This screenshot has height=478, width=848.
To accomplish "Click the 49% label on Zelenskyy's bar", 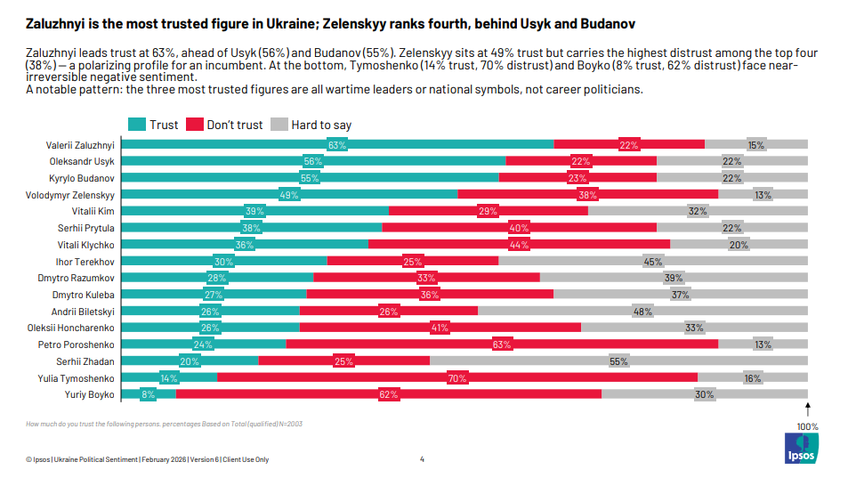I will tap(289, 195).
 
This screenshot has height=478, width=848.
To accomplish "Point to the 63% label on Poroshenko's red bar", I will tap(502, 344).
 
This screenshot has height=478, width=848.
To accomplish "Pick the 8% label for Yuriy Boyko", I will tap(148, 395).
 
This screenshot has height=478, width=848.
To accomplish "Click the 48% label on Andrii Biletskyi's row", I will tap(642, 312).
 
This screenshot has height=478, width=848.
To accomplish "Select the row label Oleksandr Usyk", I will tap(82, 161).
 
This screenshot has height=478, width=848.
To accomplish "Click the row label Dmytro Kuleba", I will tap(83, 295).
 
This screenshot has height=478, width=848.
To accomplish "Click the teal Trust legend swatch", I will tap(137, 125).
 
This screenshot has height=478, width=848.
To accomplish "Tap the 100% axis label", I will tap(807, 426).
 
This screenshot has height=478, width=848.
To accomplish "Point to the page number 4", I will tap(422, 459).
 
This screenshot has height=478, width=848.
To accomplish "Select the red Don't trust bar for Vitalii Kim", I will tap(489, 211).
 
